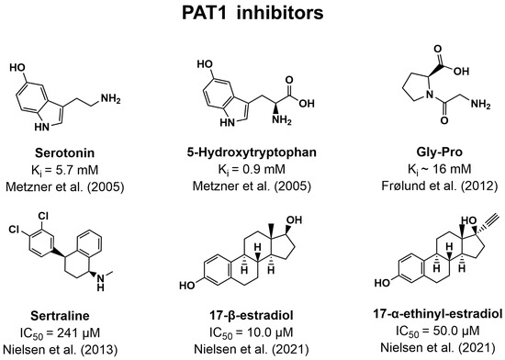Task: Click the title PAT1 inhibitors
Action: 252,16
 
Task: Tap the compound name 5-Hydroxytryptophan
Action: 252,150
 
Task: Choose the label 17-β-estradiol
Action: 252,313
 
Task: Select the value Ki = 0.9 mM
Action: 252,164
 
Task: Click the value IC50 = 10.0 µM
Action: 252,330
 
